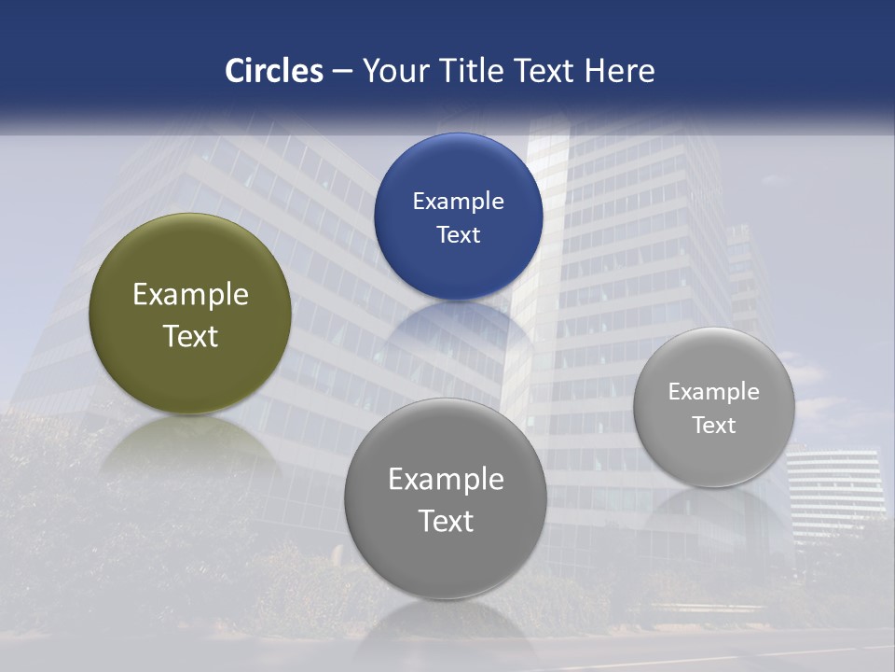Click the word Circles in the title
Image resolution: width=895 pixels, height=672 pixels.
[274, 71]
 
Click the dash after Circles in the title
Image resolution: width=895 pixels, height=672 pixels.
[342, 72]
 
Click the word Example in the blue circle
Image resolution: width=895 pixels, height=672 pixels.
[458, 202]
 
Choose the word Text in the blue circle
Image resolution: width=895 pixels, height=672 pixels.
[458, 235]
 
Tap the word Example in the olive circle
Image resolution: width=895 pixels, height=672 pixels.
[190, 295]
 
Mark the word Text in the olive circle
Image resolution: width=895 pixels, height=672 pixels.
[190, 336]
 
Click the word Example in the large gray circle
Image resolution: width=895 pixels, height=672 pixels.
[446, 480]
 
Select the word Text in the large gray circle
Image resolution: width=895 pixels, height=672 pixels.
[446, 521]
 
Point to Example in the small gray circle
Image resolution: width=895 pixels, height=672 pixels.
[714, 392]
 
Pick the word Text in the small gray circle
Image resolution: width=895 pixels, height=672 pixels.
[714, 426]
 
